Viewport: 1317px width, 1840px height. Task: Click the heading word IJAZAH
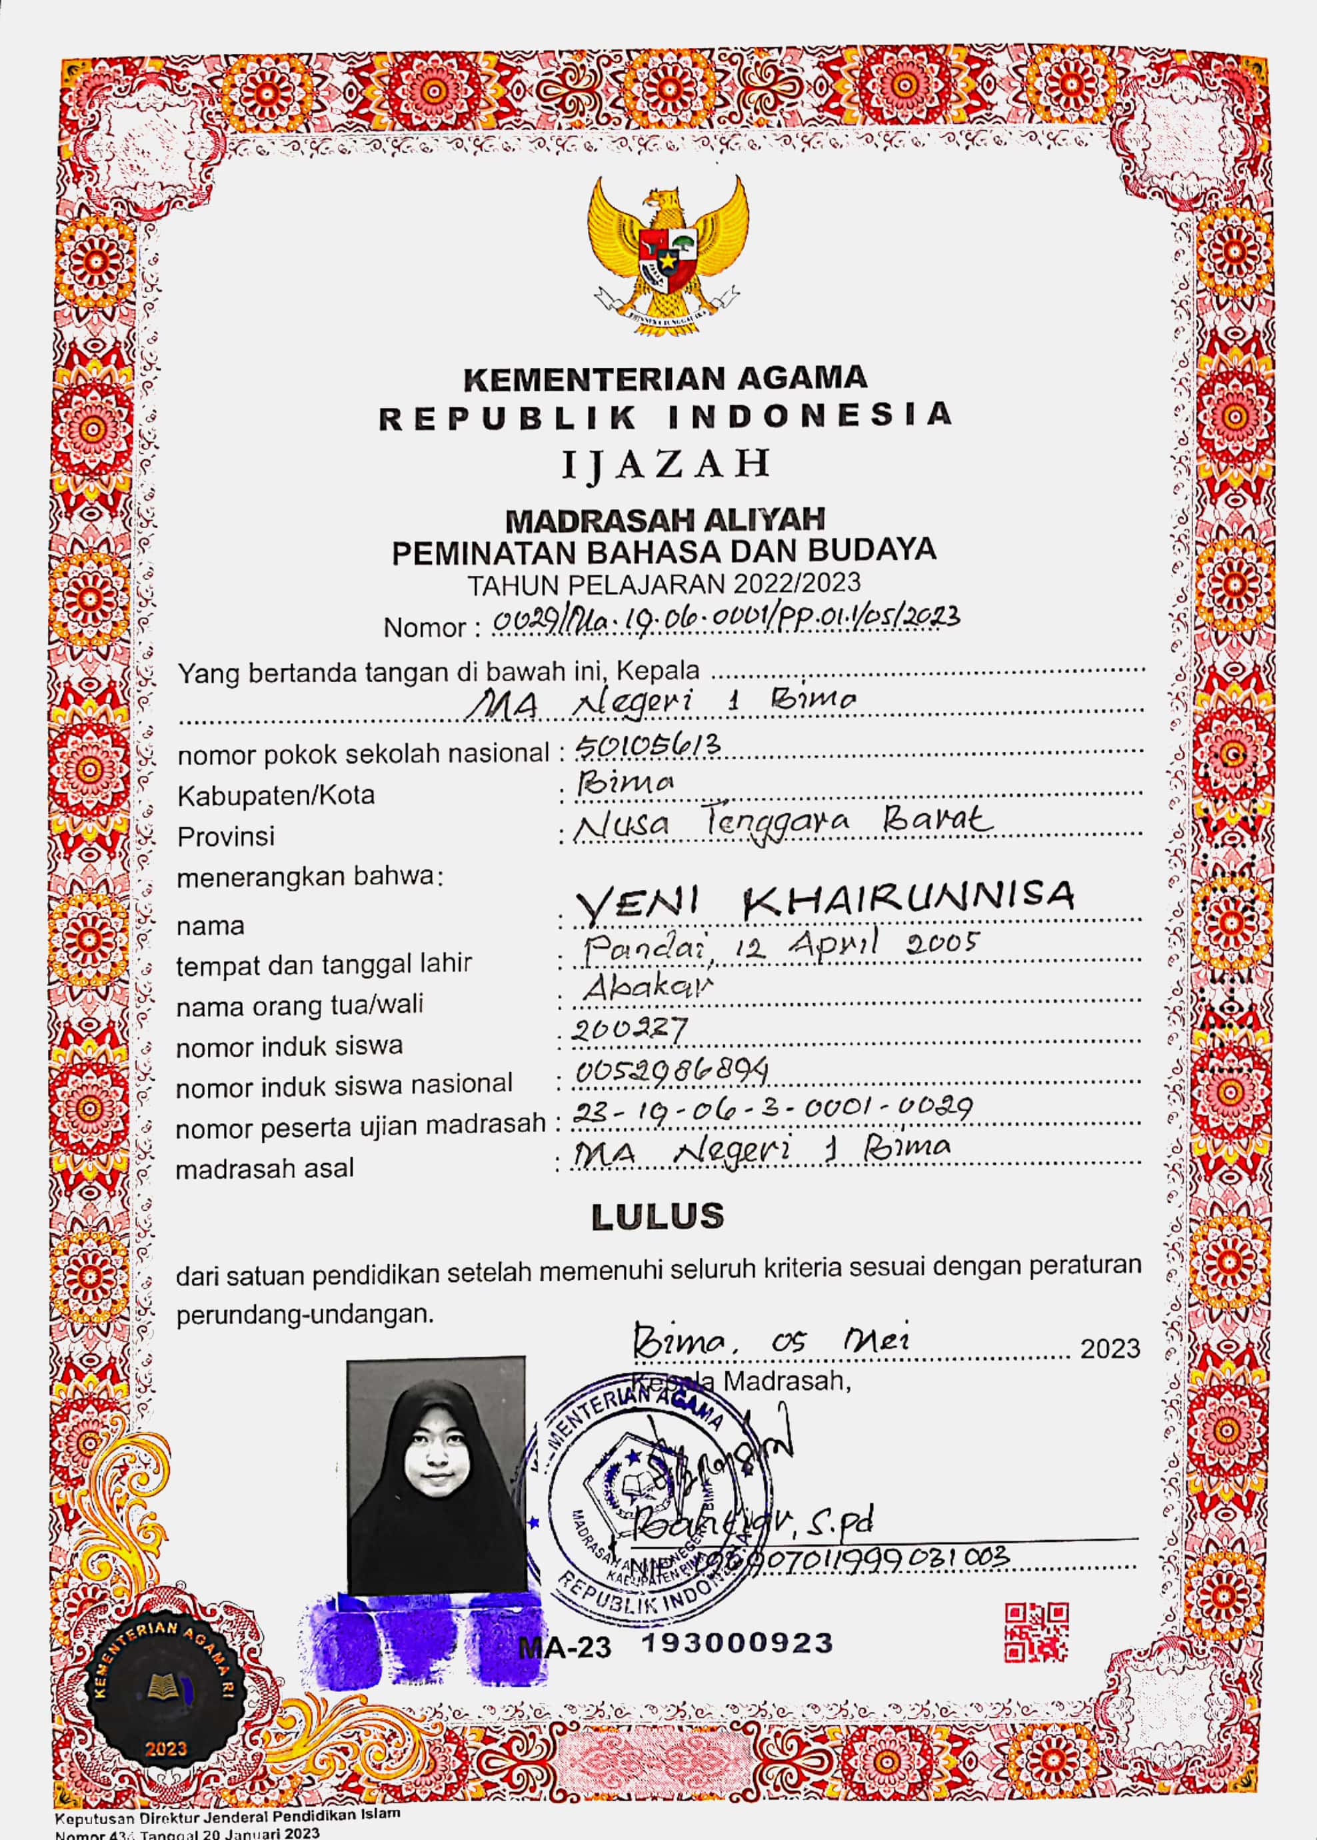[x=666, y=465]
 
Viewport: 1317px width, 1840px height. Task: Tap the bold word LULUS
[x=658, y=1217]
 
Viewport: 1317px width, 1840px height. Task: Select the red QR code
[x=1036, y=1633]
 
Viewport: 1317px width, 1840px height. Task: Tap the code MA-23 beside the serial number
[x=565, y=1647]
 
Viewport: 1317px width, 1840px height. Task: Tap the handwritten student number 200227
[x=629, y=1030]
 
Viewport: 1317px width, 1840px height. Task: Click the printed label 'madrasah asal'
[x=265, y=1169]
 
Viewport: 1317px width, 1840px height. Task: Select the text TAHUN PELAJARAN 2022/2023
[x=663, y=584]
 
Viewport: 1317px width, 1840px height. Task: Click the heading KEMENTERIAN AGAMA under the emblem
[x=665, y=378]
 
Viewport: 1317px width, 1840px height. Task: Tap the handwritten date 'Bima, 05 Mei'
[x=770, y=1339]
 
